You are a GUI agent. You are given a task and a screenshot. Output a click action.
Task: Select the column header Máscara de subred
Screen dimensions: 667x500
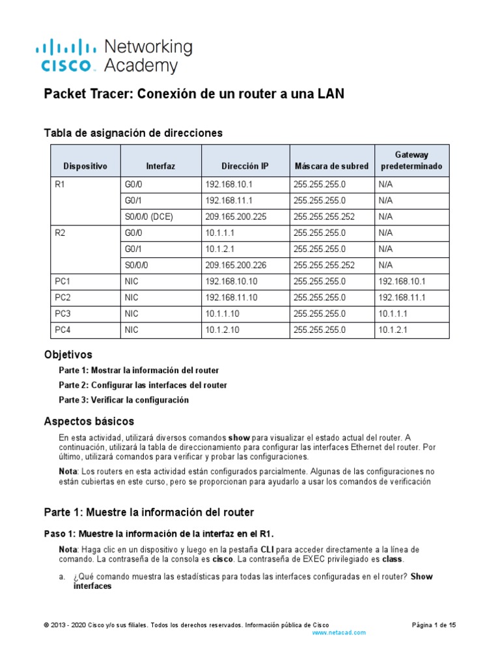click(331, 166)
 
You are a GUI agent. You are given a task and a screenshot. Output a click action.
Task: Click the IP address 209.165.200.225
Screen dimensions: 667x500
click(236, 217)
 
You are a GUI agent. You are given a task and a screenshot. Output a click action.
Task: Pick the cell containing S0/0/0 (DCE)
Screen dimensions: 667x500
click(148, 217)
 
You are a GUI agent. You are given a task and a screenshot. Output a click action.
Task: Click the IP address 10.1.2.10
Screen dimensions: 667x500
click(223, 330)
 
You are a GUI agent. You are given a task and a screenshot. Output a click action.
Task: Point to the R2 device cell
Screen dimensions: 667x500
click(61, 233)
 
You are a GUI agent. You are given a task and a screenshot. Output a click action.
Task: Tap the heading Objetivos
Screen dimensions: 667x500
click(68, 355)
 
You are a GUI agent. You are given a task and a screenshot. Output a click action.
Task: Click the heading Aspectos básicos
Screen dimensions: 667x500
click(89, 421)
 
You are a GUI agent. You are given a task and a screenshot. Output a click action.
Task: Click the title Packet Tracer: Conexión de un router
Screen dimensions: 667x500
click(193, 94)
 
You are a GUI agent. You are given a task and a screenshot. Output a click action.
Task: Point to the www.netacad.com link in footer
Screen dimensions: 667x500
click(339, 632)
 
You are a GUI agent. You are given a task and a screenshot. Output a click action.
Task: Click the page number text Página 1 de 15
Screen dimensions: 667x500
click(434, 625)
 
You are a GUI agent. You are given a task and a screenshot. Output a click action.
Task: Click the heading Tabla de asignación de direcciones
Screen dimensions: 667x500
click(133, 133)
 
